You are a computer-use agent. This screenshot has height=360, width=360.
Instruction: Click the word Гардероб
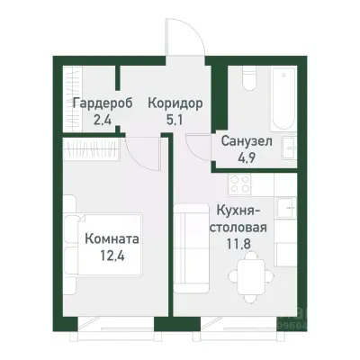click(x=102, y=103)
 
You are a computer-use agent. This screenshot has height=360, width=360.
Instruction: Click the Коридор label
click(x=170, y=103)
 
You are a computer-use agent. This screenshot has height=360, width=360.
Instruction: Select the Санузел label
click(x=243, y=141)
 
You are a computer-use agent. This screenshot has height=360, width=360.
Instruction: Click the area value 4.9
click(x=243, y=157)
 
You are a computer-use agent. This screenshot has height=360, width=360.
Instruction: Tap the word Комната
click(x=112, y=240)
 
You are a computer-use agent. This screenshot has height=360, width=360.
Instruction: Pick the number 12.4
click(x=112, y=256)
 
